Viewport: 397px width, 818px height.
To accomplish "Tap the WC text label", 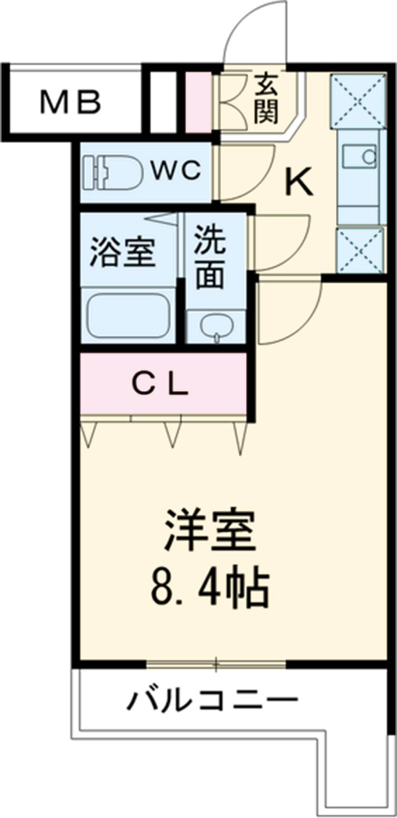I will click(x=174, y=171).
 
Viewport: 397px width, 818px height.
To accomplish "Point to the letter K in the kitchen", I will click(x=298, y=182).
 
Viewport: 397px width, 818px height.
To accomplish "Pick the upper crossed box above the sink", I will click(x=358, y=99).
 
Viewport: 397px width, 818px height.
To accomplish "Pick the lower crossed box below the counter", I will click(x=359, y=250).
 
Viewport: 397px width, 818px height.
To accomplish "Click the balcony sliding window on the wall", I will click(x=216, y=663).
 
